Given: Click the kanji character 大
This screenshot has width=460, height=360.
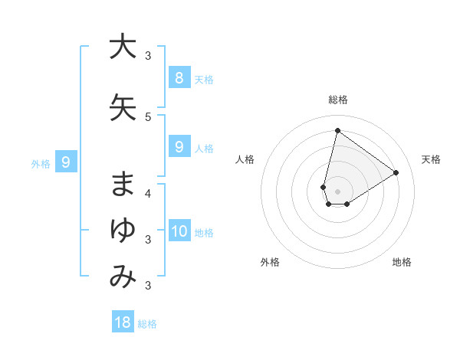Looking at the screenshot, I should [122, 47].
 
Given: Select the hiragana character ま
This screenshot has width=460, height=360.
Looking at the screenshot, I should [122, 183].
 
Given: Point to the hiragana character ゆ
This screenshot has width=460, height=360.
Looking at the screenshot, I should [122, 230].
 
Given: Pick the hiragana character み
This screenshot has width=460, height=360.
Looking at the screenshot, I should [122, 277].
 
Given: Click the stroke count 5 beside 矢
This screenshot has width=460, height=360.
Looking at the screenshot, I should [148, 116].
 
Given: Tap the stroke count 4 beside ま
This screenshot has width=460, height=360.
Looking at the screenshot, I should [148, 193].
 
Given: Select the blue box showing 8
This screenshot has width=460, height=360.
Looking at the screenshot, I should [179, 77].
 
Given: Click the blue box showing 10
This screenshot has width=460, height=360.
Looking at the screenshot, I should [179, 231].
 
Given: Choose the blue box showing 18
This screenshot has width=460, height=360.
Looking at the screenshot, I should [123, 322].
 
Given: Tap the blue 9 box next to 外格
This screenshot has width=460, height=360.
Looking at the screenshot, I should [66, 162].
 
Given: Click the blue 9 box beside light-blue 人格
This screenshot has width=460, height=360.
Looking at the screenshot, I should [179, 147].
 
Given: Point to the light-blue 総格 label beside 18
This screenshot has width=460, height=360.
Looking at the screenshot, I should [147, 324].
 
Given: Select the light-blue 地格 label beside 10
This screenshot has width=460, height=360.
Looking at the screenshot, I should [204, 233].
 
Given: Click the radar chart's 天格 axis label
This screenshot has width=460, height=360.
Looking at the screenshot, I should [432, 159].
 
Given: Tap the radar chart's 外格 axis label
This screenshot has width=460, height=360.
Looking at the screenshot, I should [270, 262].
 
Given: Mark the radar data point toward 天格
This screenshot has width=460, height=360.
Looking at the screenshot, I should [396, 172].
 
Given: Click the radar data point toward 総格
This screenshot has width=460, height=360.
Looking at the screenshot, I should [337, 130].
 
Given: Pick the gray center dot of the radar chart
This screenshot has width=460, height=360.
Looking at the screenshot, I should [337, 191].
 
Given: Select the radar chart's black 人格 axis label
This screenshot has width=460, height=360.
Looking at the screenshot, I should [245, 159].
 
